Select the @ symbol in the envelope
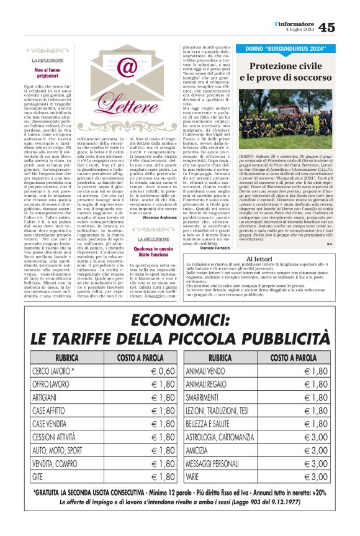[127, 66]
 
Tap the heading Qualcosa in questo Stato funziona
[156, 251]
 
